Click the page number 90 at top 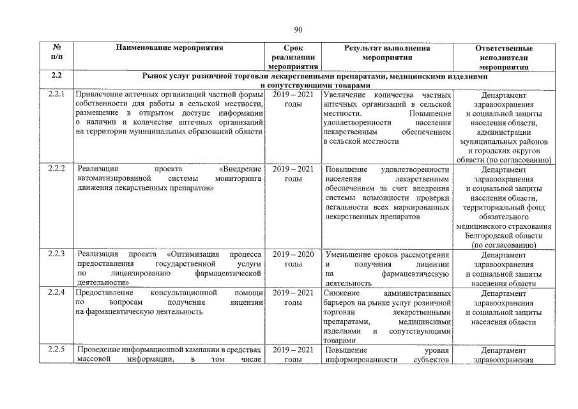click(298, 29)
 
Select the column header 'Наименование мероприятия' click(169, 48)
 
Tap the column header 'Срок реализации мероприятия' click(293, 57)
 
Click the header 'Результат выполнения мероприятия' click(387, 52)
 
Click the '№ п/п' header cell click(57, 52)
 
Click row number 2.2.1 click(57, 95)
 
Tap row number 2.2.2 click(57, 169)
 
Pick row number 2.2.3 click(57, 254)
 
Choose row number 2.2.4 click(57, 292)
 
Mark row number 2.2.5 click(57, 350)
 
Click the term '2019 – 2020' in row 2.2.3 click(293, 254)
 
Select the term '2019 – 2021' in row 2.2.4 click(293, 292)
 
